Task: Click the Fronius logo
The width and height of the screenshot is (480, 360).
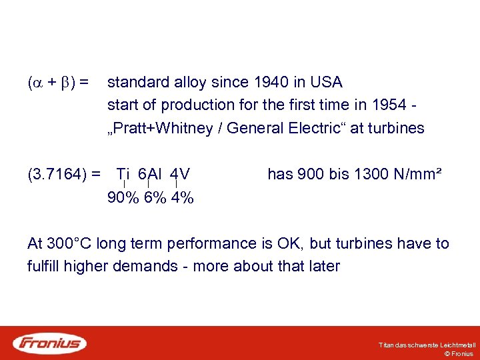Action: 50,343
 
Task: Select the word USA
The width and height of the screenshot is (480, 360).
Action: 327,83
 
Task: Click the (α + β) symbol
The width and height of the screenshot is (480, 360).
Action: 52,83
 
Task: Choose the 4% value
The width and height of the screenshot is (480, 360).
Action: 181,198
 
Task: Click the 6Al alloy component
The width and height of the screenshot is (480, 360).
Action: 150,175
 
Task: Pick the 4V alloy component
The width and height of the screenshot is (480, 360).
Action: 180,175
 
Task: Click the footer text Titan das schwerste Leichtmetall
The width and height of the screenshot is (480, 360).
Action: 427,345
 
